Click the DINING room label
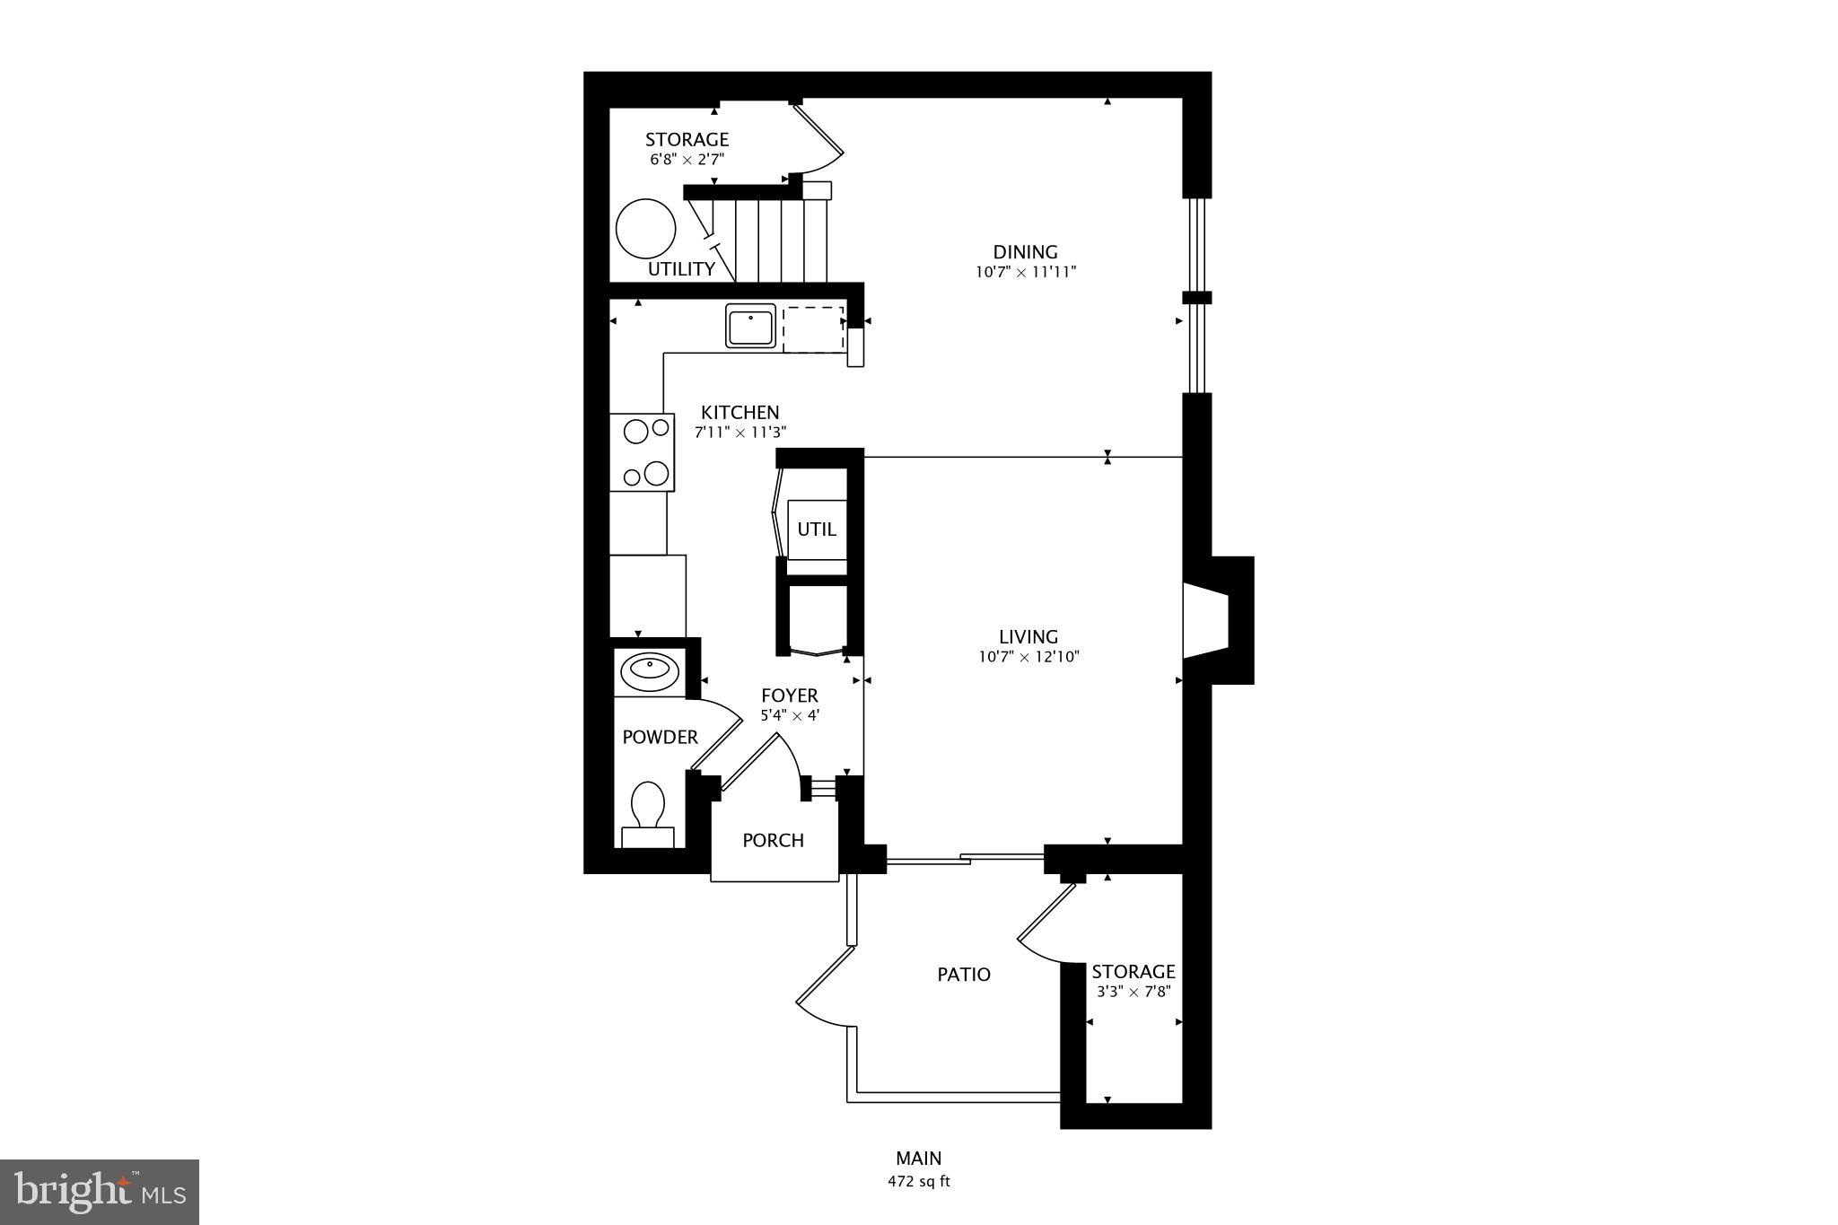click(1025, 252)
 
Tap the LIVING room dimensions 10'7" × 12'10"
click(1028, 657)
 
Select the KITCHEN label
click(740, 413)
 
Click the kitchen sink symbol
click(751, 326)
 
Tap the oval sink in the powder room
click(650, 669)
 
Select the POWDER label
click(660, 738)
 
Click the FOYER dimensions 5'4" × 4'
click(790, 716)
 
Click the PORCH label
click(773, 841)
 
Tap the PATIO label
click(964, 975)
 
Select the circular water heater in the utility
click(645, 228)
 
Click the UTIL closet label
click(817, 529)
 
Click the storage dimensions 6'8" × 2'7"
click(687, 160)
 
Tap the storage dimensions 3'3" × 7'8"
click(1133, 992)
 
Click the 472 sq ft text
click(918, 1182)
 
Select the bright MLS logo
click(100, 1192)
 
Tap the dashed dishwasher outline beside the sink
click(813, 328)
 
